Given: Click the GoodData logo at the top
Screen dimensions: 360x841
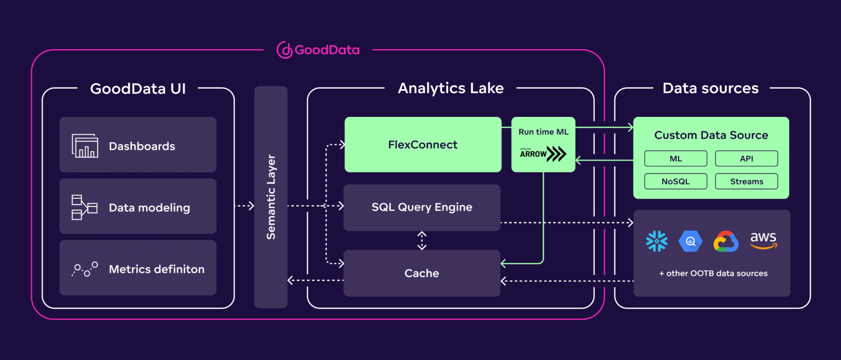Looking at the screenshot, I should pyautogui.click(x=318, y=50).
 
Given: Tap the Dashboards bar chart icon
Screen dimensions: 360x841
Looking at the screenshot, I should pyautogui.click(x=85, y=146).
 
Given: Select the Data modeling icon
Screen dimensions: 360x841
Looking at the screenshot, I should pyautogui.click(x=84, y=207).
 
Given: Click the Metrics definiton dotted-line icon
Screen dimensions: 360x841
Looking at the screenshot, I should pyautogui.click(x=85, y=269).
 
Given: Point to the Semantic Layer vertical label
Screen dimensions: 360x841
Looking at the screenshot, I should pyautogui.click(x=271, y=197).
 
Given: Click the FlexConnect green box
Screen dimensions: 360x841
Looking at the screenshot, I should pyautogui.click(x=423, y=145).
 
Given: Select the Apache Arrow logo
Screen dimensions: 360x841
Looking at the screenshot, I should pyautogui.click(x=543, y=154).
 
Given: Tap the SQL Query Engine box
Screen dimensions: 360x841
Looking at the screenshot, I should pyautogui.click(x=422, y=207).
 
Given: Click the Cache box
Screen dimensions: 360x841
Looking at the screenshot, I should pyautogui.click(x=422, y=273).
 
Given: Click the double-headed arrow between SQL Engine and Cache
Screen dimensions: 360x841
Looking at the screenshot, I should pyautogui.click(x=422, y=240).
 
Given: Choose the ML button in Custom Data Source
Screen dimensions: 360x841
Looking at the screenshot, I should pyautogui.click(x=675, y=159).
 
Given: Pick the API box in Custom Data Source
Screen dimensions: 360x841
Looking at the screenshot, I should pyautogui.click(x=746, y=159).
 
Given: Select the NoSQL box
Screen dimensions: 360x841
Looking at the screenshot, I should pyautogui.click(x=675, y=181).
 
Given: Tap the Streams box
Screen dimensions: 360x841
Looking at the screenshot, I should pyautogui.click(x=746, y=181).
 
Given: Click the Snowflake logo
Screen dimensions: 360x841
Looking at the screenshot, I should pyautogui.click(x=657, y=241).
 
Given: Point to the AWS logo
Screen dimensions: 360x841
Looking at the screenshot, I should pyautogui.click(x=763, y=240).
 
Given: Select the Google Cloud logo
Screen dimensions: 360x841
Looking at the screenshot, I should pyautogui.click(x=726, y=241).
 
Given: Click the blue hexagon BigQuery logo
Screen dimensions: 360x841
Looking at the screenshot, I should pyautogui.click(x=690, y=241).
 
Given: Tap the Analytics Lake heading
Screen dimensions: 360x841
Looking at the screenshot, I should pyautogui.click(x=451, y=88).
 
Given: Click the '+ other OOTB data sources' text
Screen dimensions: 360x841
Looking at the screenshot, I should pyautogui.click(x=713, y=273).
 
